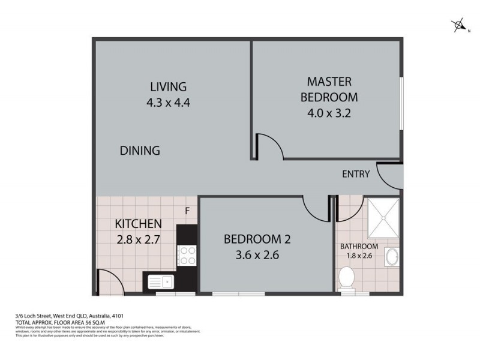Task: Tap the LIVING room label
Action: pyautogui.click(x=168, y=86)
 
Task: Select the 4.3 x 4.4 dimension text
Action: pyautogui.click(x=168, y=102)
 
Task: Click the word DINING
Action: pyautogui.click(x=139, y=151)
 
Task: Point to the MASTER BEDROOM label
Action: pyautogui.click(x=329, y=88)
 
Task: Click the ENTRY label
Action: pyautogui.click(x=355, y=175)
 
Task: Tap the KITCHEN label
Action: pyautogui.click(x=138, y=224)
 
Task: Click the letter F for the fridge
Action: pyautogui.click(x=187, y=211)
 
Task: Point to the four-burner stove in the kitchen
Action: pyautogui.click(x=187, y=256)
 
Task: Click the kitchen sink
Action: pyautogui.click(x=159, y=280)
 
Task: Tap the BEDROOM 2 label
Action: pyautogui.click(x=257, y=239)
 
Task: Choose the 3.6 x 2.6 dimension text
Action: pyautogui.click(x=257, y=254)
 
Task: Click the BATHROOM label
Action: pyautogui.click(x=359, y=247)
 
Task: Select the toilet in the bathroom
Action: pyautogui.click(x=346, y=278)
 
